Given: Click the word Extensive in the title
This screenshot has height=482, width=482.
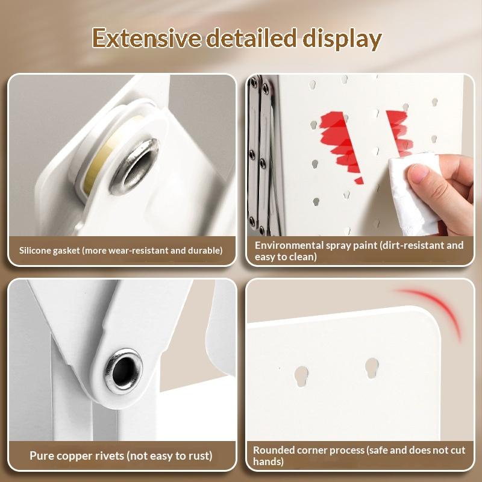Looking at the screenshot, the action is pyautogui.click(x=146, y=38).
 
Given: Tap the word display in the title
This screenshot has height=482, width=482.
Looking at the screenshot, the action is pyautogui.click(x=342, y=40).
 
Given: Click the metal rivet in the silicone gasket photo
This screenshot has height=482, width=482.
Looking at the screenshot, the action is pyautogui.click(x=134, y=166).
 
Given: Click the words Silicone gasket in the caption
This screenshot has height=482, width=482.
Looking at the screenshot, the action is pyautogui.click(x=49, y=251).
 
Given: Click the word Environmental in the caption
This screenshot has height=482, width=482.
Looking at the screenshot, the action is pyautogui.click(x=289, y=245).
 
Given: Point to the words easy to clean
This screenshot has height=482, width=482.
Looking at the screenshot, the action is pyautogui.click(x=286, y=257).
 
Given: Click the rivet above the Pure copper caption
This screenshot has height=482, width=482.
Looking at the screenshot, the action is pyautogui.click(x=124, y=371).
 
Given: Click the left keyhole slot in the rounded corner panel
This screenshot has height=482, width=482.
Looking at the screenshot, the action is pyautogui.click(x=301, y=376).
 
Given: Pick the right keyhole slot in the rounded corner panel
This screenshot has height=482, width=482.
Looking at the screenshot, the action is pyautogui.click(x=372, y=368).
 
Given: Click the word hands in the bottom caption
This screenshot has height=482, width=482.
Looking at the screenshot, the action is pyautogui.click(x=268, y=462).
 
